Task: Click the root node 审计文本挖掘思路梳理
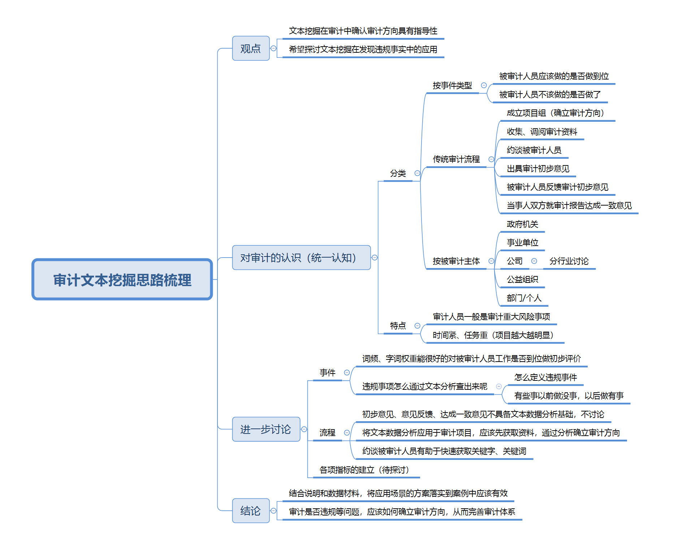click(x=122, y=279)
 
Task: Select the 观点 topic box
click(x=251, y=48)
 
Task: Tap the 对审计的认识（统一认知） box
click(x=301, y=258)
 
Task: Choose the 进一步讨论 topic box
click(x=266, y=429)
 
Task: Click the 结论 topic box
click(x=251, y=510)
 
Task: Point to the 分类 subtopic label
click(x=398, y=173)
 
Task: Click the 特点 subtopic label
click(x=398, y=326)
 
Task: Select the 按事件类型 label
click(x=452, y=86)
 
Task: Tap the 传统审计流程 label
click(x=456, y=159)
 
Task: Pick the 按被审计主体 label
click(x=456, y=261)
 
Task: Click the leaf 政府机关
click(x=522, y=224)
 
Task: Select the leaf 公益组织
click(x=522, y=280)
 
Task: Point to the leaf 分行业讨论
click(x=569, y=261)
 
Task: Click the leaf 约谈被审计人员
click(x=534, y=150)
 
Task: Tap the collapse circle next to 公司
click(x=534, y=261)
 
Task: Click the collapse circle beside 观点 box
click(x=273, y=48)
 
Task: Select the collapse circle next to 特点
click(x=417, y=326)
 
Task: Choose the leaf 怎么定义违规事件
click(x=545, y=378)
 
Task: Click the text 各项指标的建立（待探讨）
click(x=364, y=470)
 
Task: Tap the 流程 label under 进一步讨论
click(x=327, y=433)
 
